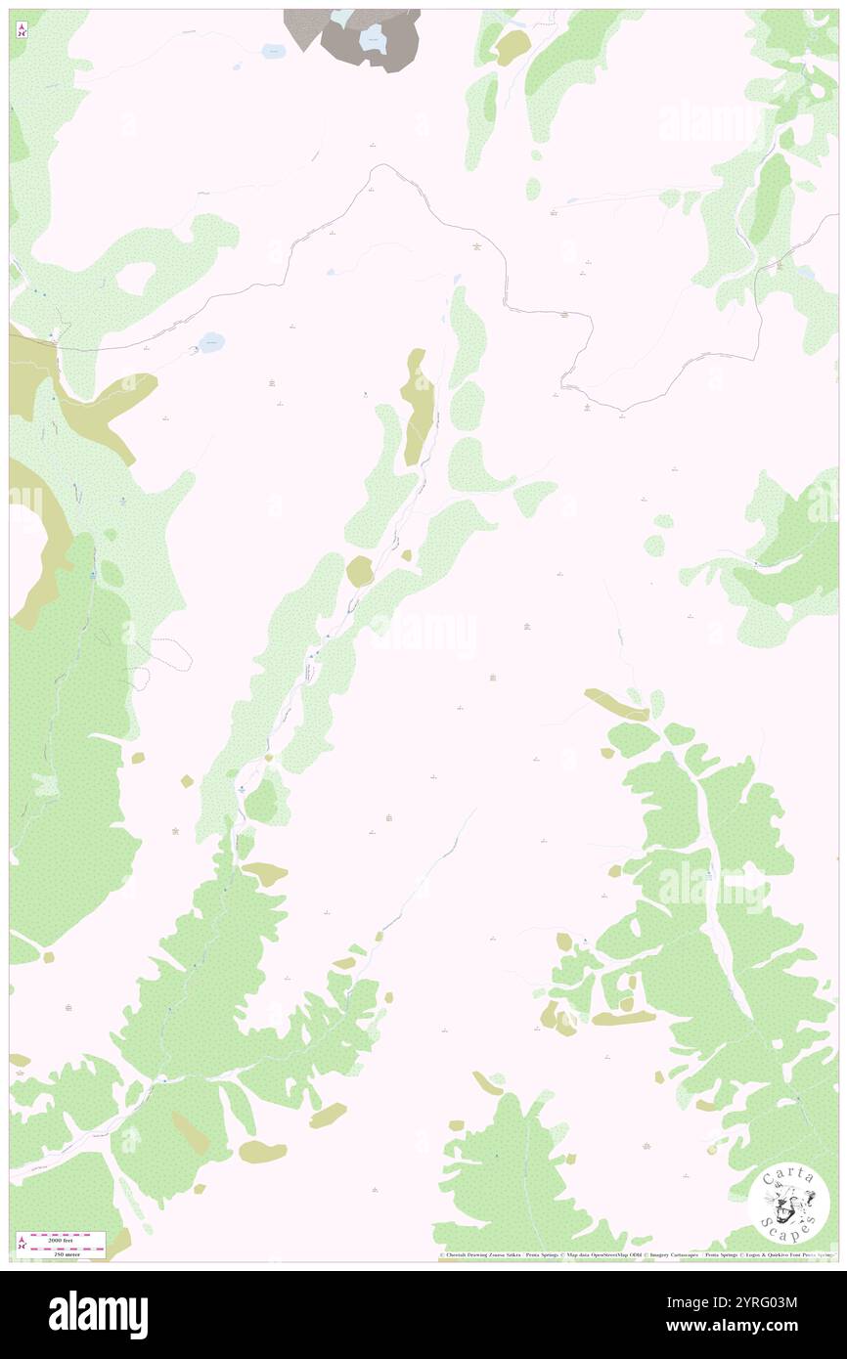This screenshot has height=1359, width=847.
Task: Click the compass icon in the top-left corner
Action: point(22,29)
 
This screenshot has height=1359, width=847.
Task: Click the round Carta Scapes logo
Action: point(789,1204)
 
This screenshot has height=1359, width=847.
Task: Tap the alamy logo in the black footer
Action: point(98,1313)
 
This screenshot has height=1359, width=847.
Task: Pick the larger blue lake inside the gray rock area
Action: point(373,39)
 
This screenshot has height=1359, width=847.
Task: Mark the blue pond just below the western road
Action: point(210,341)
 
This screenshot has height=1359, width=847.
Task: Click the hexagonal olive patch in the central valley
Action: point(359,571)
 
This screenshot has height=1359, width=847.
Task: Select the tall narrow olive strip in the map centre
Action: point(419,406)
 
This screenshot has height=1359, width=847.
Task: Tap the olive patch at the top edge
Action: point(512,47)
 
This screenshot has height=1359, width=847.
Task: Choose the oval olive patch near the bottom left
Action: point(262,1151)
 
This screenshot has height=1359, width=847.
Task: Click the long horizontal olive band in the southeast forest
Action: point(623,1018)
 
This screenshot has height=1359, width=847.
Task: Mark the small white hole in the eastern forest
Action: point(784,613)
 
